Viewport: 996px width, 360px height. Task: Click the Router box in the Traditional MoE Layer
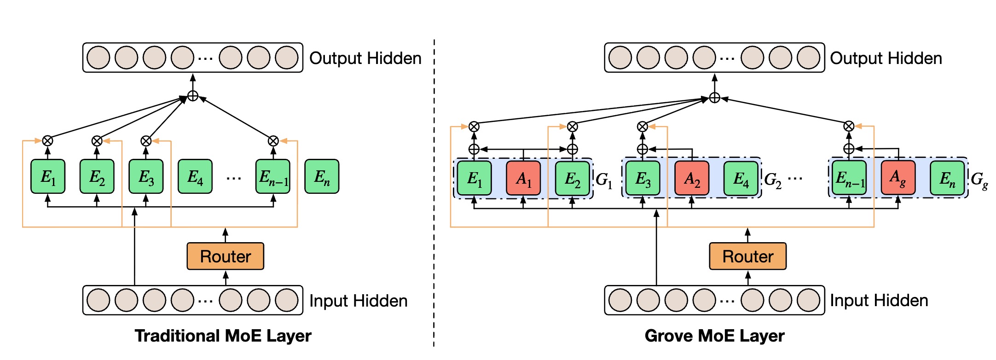tap(225, 256)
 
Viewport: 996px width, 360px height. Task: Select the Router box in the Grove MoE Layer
tap(747, 256)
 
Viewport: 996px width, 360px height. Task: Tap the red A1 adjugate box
tap(523, 178)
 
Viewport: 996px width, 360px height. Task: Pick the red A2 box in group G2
tap(692, 178)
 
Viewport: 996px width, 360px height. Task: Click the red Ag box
tap(898, 178)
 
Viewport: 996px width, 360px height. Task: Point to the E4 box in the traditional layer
tap(195, 176)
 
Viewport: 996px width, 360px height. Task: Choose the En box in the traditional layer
tap(322, 176)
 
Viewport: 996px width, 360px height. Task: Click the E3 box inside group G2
tap(643, 178)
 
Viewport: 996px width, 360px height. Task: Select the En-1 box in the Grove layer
tap(849, 178)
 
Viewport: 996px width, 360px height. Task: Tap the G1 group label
tap(604, 180)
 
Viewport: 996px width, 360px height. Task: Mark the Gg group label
tap(979, 180)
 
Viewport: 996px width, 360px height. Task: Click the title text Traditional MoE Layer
tap(223, 336)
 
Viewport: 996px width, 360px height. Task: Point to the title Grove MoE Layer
tap(714, 336)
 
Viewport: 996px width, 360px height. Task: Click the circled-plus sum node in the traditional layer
tap(193, 96)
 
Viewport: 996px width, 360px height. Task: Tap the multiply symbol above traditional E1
tap(47, 141)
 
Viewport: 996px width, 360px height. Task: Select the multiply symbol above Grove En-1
tap(849, 126)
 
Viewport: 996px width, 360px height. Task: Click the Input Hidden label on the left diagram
tap(358, 301)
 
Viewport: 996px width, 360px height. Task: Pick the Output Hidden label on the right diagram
tap(886, 58)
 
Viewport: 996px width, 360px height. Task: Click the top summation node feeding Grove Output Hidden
tap(714, 98)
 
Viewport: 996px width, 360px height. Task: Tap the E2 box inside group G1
tap(573, 178)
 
